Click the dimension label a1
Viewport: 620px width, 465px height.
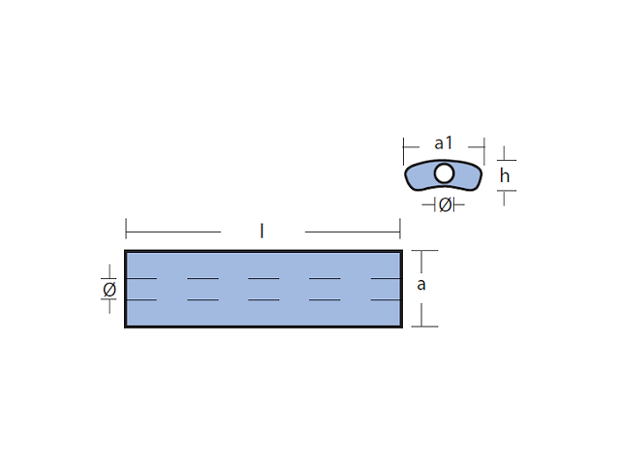click(443, 143)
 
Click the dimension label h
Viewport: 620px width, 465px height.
click(505, 175)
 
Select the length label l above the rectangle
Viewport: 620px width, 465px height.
click(262, 231)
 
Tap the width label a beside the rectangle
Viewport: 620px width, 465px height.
click(421, 285)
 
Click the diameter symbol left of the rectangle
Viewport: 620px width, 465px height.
click(109, 290)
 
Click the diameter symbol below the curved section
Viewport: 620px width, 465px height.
click(445, 204)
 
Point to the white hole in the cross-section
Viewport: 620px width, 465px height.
click(444, 173)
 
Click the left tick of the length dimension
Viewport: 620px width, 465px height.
click(126, 229)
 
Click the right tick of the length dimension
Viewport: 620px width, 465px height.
click(400, 229)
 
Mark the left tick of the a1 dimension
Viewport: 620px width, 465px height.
click(403, 151)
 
